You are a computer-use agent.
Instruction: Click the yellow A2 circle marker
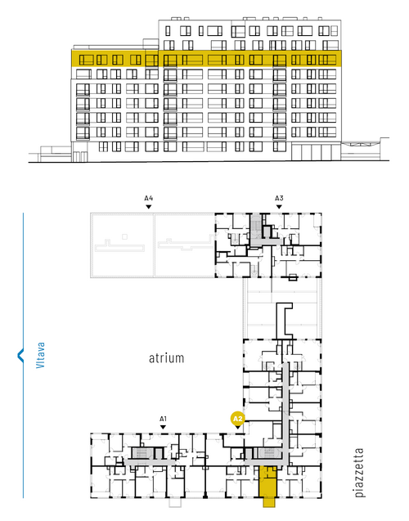[238, 419]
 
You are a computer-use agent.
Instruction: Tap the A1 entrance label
[163, 419]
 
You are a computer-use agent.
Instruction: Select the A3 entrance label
[279, 199]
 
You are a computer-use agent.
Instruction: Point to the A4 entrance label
[149, 199]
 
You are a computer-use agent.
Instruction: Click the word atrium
[166, 358]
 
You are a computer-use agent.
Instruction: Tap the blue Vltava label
[40, 355]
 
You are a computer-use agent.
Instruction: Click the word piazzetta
[359, 473]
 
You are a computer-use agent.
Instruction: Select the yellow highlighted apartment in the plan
[267, 482]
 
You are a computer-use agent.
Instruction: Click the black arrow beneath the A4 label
[149, 207]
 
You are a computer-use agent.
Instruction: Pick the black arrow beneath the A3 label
[279, 207]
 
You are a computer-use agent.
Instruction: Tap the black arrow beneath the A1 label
[163, 427]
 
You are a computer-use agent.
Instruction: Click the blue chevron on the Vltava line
[20, 355]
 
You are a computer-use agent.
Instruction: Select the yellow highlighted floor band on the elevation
[206, 59]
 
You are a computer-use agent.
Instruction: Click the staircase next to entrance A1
[142, 453]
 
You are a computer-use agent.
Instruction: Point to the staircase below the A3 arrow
[255, 226]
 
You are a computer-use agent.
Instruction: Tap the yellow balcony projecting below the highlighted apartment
[269, 502]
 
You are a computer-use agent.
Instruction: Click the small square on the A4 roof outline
[124, 236]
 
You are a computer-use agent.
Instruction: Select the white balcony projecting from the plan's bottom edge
[175, 502]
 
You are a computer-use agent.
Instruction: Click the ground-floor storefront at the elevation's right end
[316, 152]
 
